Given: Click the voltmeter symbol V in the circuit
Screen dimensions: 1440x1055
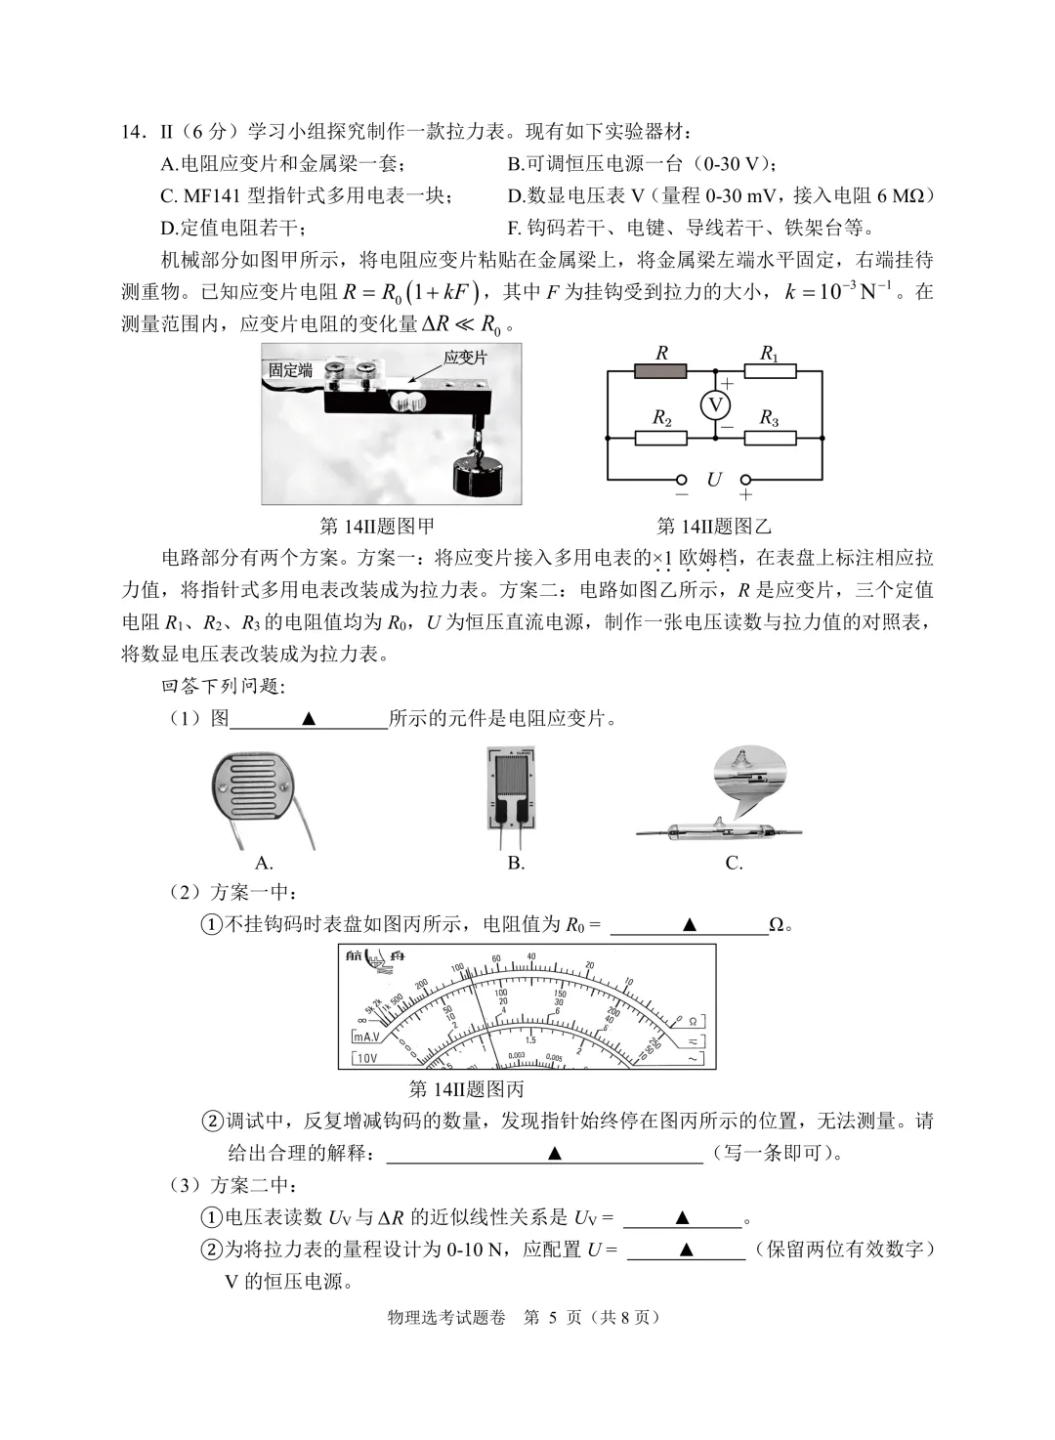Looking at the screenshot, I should [x=715, y=404].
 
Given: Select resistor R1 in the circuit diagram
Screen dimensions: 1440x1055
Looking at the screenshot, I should [x=770, y=371].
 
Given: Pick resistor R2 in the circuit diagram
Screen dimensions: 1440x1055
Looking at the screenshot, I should [x=661, y=437].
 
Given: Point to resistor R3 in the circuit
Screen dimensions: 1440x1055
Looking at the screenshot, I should [x=770, y=437].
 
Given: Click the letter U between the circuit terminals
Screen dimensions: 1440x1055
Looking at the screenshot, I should [x=714, y=480].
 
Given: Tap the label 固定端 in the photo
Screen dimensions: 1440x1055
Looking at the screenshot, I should [x=291, y=370].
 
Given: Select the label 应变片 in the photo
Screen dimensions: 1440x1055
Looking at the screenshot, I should [x=465, y=358].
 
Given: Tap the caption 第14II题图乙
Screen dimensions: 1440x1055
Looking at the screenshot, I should [x=714, y=527].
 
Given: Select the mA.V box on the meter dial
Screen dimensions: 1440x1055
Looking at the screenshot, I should [x=369, y=1037].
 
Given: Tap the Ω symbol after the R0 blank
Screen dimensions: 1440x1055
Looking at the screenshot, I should [x=777, y=925].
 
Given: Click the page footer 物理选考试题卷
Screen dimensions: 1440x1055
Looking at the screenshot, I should [x=446, y=1317].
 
